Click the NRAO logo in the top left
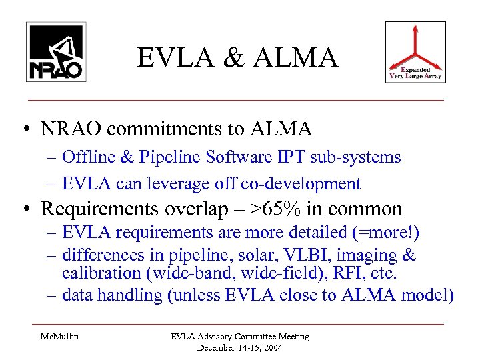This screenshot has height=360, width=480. click(x=55, y=51)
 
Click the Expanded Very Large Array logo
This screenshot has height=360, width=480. click(x=416, y=52)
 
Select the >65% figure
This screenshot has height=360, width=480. click(x=272, y=209)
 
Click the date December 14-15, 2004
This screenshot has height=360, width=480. click(x=238, y=347)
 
